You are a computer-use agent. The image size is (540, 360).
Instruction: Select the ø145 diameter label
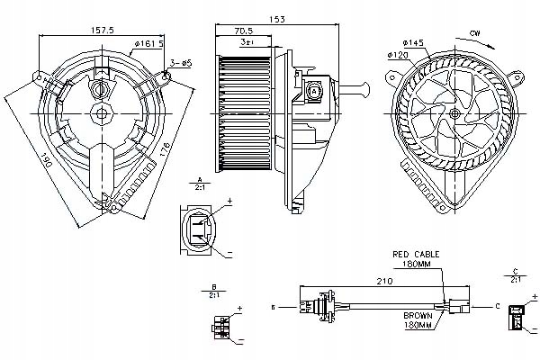pos(412,42)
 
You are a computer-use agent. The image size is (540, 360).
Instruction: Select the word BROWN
pos(418,316)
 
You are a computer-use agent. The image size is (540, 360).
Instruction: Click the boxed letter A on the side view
pos(315,91)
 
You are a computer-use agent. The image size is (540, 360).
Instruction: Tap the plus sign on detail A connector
pos(229,206)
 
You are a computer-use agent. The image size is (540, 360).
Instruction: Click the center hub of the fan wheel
pos(454,112)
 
